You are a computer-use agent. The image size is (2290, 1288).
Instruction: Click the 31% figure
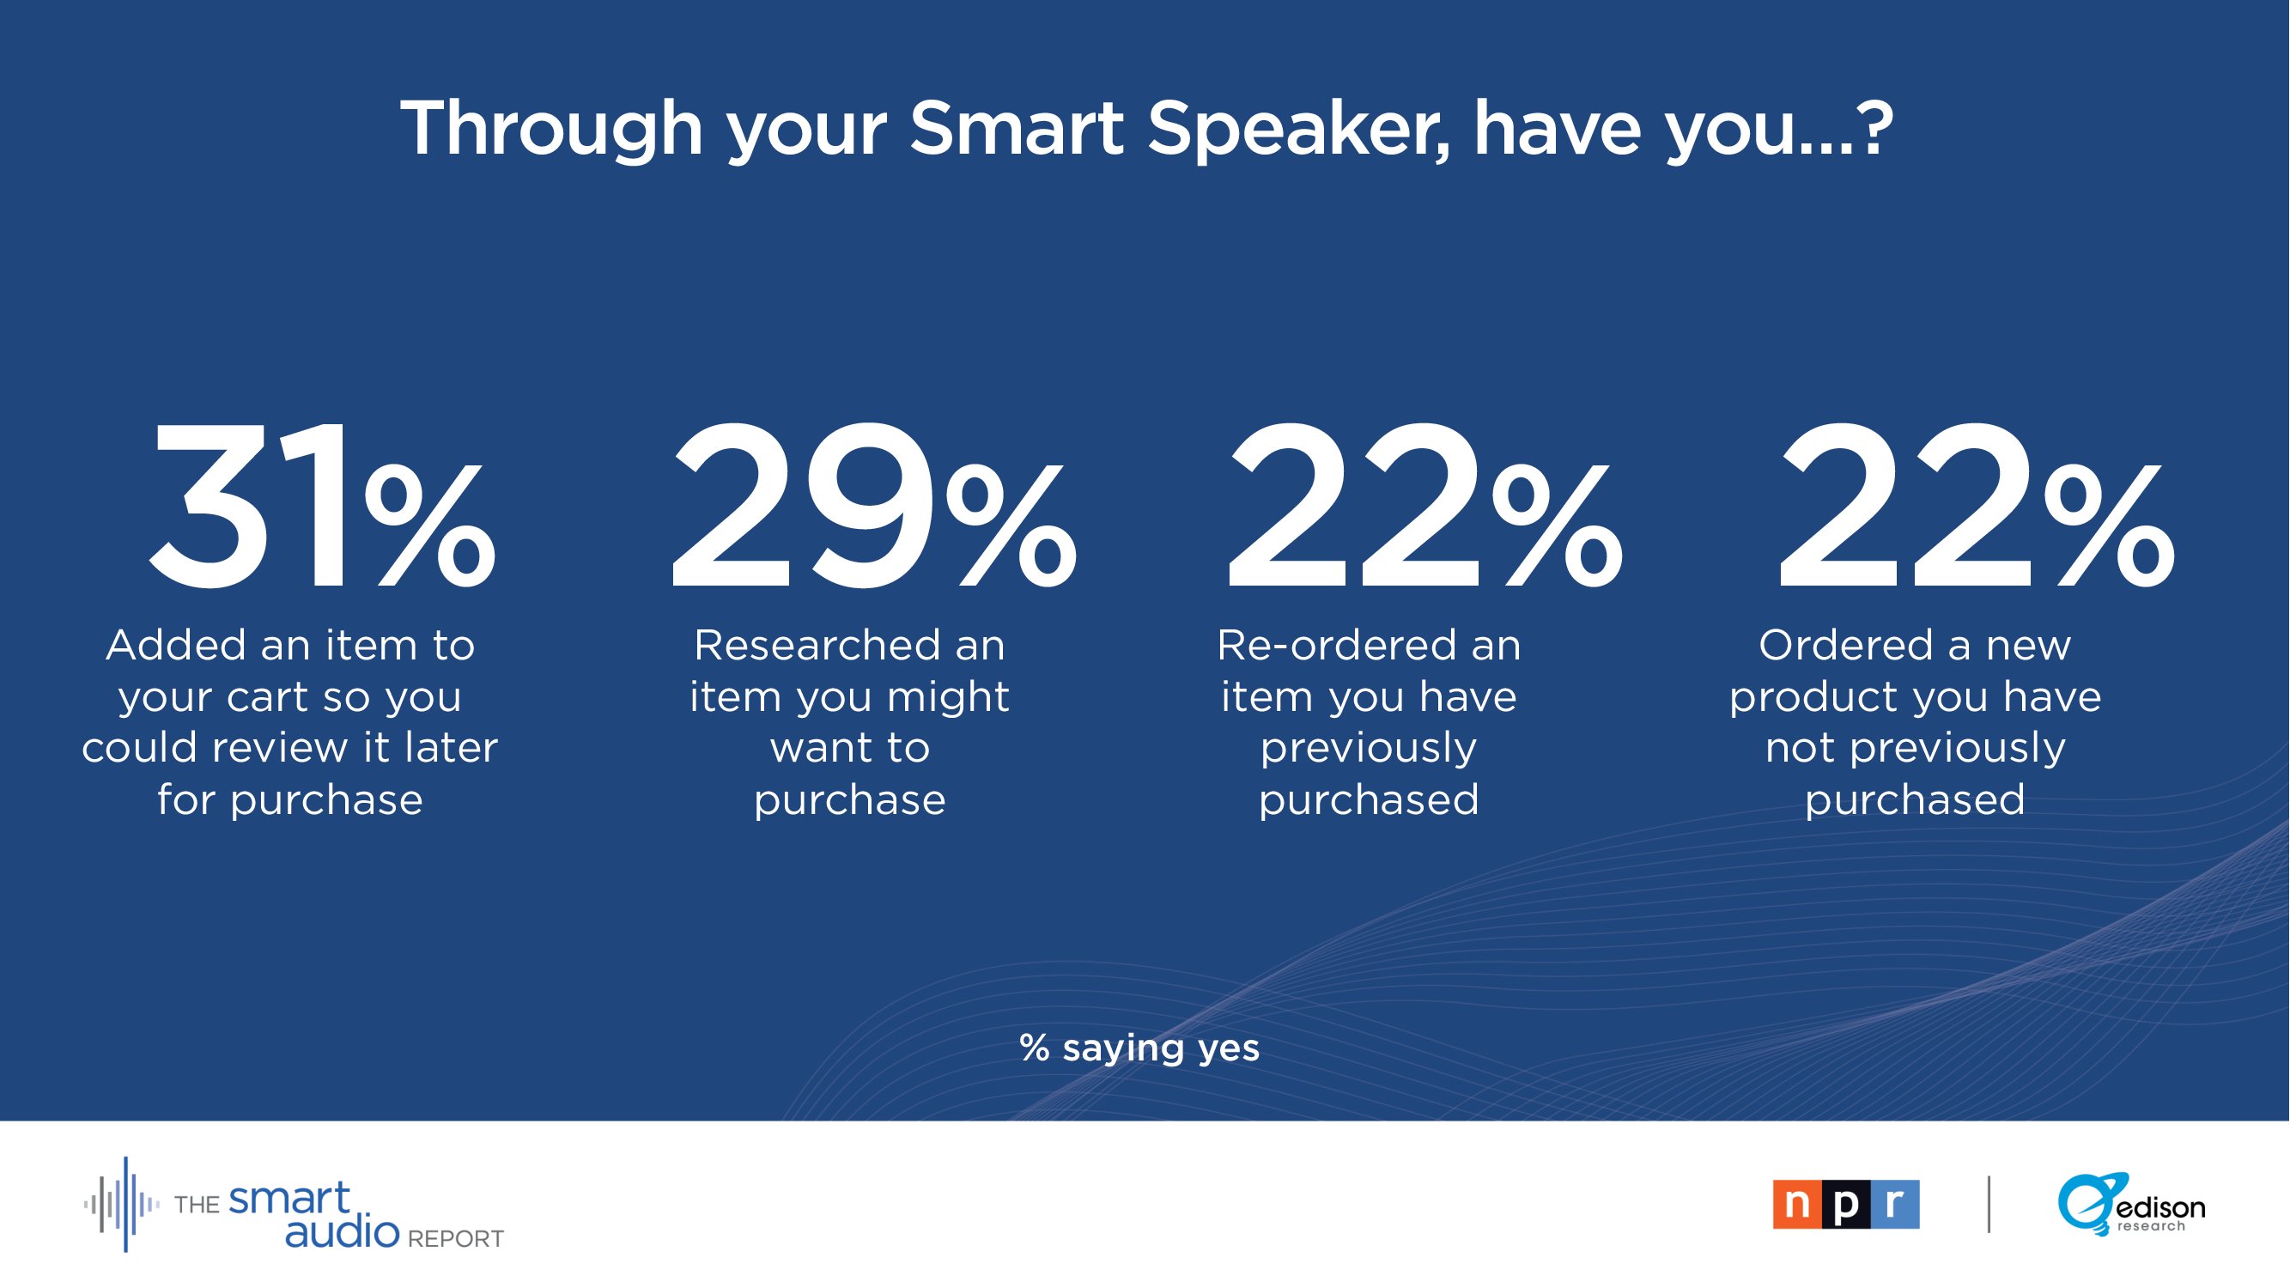pyautogui.click(x=322, y=506)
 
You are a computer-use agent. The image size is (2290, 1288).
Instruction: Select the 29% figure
pyautogui.click(x=874, y=506)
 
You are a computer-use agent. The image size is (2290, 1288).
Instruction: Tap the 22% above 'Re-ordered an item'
pyautogui.click(x=1425, y=506)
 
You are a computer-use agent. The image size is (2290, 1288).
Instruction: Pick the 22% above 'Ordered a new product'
pyautogui.click(x=1977, y=506)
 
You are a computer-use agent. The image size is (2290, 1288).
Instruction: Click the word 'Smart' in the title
pyautogui.click(x=1017, y=129)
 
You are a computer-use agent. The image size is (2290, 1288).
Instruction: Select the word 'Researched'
pyautogui.click(x=816, y=646)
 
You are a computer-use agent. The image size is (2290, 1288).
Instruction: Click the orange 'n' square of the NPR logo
pyautogui.click(x=1797, y=1205)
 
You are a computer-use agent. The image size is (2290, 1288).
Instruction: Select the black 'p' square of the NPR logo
pyautogui.click(x=1846, y=1205)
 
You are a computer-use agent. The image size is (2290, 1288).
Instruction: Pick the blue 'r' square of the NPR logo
pyautogui.click(x=1895, y=1205)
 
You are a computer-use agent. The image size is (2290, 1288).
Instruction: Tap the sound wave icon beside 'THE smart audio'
pyautogui.click(x=123, y=1205)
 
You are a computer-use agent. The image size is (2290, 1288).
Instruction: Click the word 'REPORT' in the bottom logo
pyautogui.click(x=455, y=1239)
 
